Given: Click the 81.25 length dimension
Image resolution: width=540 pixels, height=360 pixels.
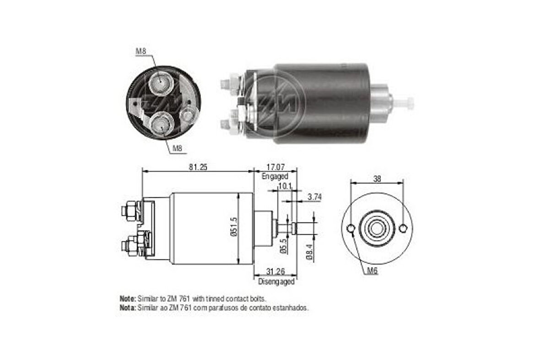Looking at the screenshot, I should coord(197,167).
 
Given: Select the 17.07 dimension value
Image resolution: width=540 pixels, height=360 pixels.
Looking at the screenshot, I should coord(275,167).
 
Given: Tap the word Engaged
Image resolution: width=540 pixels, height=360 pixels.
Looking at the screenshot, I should coord(275,176).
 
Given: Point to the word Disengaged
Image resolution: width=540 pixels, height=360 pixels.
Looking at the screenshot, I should coord(276,282).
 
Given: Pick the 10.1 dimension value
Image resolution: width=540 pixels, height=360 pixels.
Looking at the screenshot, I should coord(284,186).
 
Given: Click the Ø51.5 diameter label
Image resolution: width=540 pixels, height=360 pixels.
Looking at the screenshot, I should coord(234,228).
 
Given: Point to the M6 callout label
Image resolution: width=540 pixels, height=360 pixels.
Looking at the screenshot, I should coord(373,272).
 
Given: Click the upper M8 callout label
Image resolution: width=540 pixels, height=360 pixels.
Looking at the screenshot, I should coord(141,51).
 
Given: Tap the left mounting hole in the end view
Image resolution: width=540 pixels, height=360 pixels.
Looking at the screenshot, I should coord(351,229).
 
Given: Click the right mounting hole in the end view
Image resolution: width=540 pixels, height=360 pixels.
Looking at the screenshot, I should coord(403,228).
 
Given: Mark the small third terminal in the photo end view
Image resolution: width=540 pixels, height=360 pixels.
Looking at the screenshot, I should coord(187,115).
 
